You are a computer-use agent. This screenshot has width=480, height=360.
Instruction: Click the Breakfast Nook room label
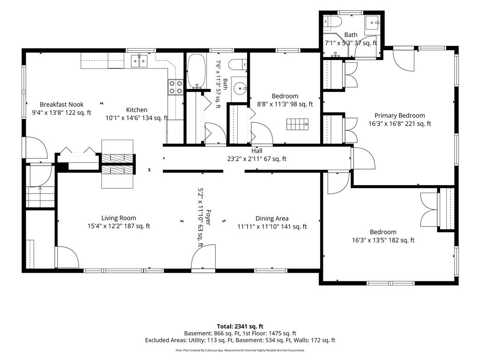pos(61,105)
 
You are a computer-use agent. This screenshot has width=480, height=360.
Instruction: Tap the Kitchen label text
pos(136,110)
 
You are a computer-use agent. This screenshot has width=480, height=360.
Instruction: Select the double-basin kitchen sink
pos(139,61)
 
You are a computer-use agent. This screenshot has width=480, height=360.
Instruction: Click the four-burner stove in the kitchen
pos(176,87)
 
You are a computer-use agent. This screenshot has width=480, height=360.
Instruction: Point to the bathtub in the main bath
pos(196,71)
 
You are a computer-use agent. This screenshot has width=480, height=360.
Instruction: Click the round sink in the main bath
pos(240,89)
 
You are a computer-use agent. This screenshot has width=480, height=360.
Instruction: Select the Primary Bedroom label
pos(399,115)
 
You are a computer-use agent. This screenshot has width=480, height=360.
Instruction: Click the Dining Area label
pos(272,218)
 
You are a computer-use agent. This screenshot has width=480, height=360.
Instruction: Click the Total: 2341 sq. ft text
pos(240,326)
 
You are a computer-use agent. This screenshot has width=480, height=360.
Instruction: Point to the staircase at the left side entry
pos(40,197)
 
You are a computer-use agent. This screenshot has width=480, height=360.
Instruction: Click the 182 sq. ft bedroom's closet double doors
pos(429,210)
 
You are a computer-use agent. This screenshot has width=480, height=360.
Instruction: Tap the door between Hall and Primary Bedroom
pos(363,157)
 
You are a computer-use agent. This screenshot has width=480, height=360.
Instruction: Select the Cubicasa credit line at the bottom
pos(240,350)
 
